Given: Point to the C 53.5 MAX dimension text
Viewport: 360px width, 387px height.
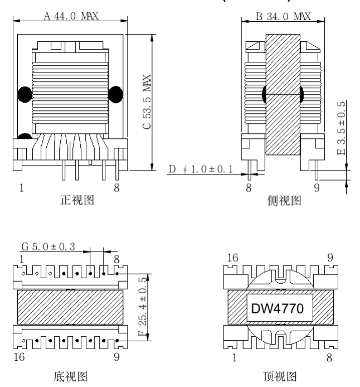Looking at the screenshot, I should (x=147, y=104).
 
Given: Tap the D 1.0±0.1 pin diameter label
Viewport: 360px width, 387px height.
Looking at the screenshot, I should (x=201, y=169).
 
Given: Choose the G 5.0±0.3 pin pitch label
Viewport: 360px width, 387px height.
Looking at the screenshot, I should (x=48, y=245).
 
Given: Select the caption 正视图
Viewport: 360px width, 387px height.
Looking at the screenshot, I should (x=76, y=201).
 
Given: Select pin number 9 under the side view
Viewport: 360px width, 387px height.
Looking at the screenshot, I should (x=317, y=188).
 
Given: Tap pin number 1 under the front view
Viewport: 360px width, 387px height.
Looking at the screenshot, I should (x=22, y=188).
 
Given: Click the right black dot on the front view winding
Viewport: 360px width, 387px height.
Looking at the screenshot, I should (x=115, y=94).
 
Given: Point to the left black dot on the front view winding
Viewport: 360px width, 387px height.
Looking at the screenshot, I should (x=25, y=94).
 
